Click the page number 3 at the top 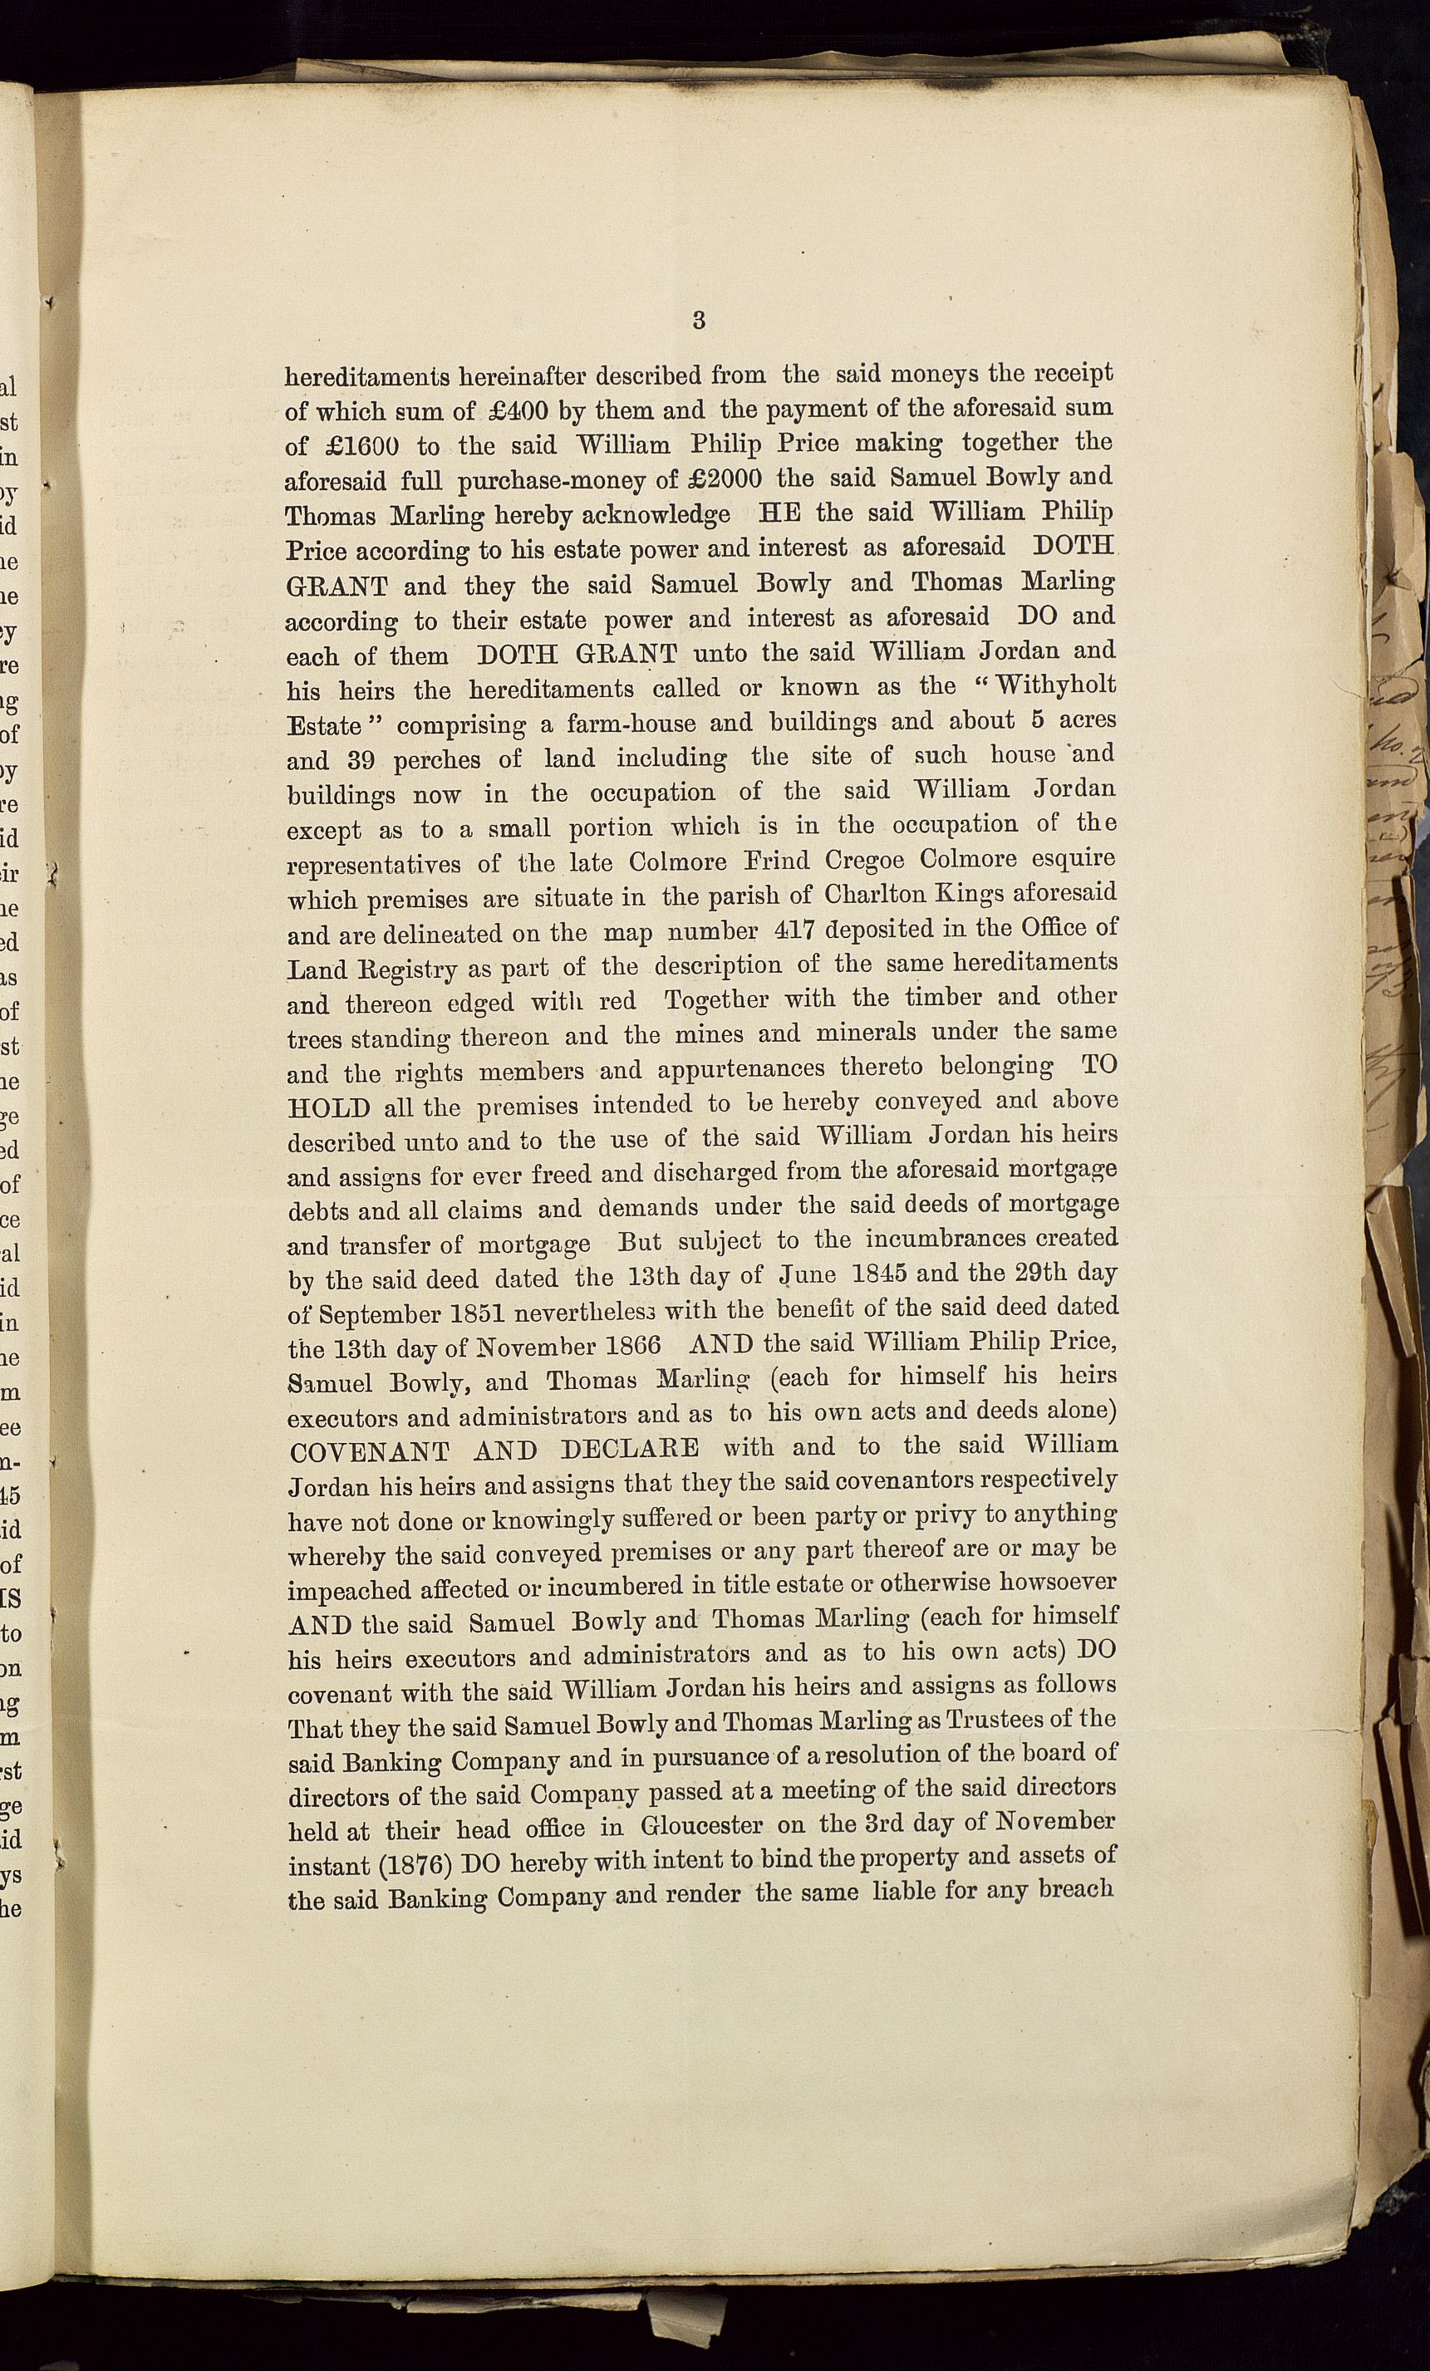click(699, 321)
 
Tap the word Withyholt click(1055, 685)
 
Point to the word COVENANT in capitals click(369, 1452)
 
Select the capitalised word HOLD click(329, 1107)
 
